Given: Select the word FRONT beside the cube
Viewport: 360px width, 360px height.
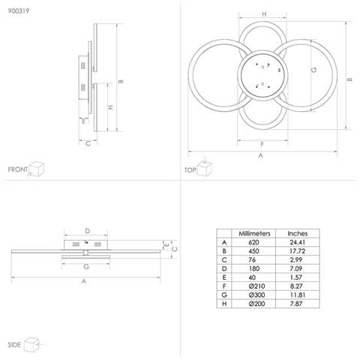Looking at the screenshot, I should (x=18, y=170).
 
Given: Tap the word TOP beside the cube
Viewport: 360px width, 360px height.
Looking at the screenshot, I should (x=190, y=170).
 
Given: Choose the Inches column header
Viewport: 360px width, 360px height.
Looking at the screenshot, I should (x=297, y=233).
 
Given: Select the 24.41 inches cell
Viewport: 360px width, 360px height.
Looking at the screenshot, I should (x=297, y=242).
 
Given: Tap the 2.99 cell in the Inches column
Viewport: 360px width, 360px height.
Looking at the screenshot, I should (x=297, y=260).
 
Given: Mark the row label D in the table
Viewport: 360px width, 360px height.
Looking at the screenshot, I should (x=223, y=269).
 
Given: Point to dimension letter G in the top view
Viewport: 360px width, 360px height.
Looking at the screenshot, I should (x=313, y=70).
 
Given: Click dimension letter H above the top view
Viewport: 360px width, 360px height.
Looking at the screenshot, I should (x=264, y=15).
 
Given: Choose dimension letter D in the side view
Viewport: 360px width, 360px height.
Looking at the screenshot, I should (x=87, y=231).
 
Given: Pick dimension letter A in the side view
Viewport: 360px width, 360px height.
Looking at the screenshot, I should (x=83, y=283).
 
